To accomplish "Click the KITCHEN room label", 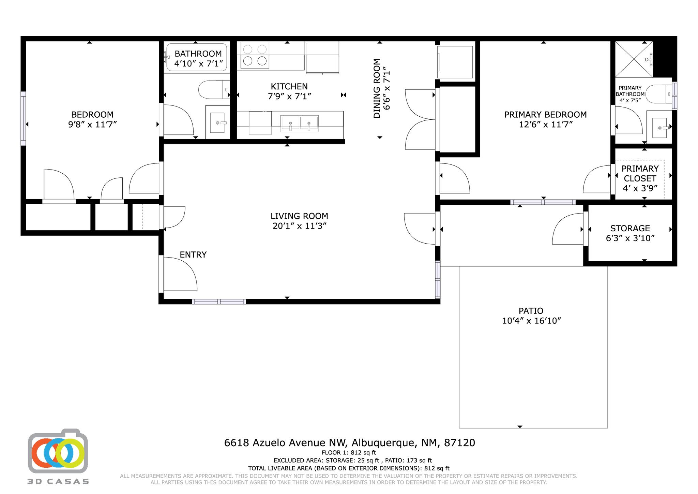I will [289, 87].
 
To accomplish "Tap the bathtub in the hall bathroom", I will [197, 57].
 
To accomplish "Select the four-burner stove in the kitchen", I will [255, 55].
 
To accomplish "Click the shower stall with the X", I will [634, 59].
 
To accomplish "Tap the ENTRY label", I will [193, 255].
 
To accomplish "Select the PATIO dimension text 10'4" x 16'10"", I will [531, 321].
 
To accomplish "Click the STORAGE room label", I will [630, 228].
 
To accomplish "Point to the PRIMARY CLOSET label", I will [640, 173].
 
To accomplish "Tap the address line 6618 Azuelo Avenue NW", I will [349, 443].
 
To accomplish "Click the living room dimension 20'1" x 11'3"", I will [299, 226].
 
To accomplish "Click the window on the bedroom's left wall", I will [23, 118].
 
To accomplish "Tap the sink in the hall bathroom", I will [217, 123].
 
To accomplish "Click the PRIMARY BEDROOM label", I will [545, 115].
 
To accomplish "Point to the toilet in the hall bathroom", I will [213, 89].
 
